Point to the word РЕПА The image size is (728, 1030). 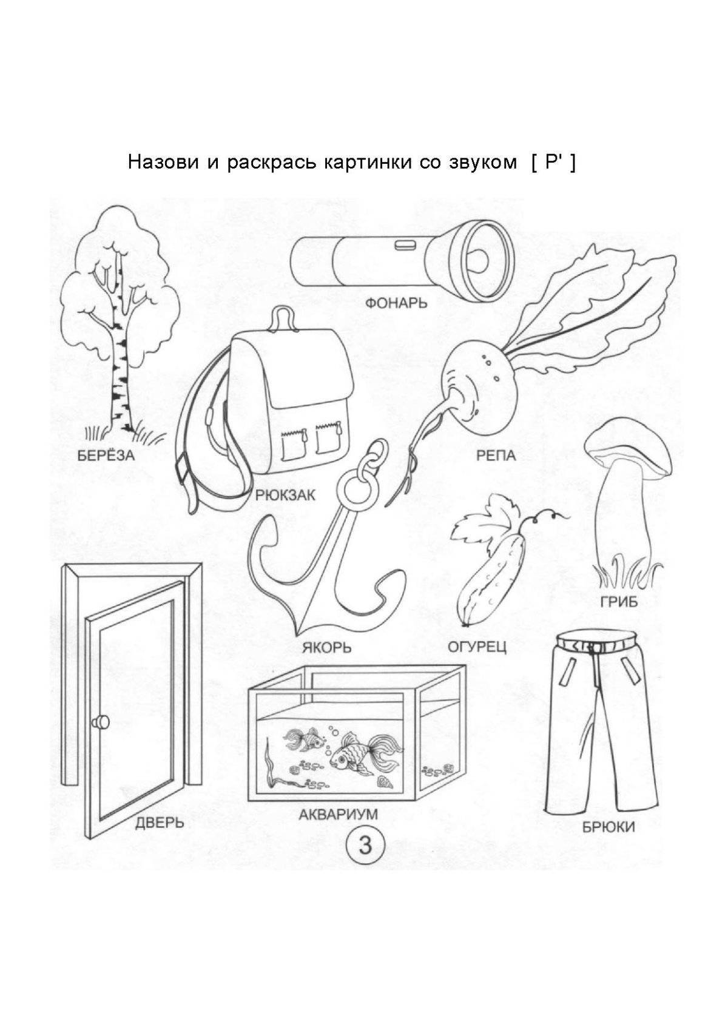[496, 456]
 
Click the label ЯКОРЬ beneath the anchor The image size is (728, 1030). [326, 647]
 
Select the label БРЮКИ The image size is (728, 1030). [608, 826]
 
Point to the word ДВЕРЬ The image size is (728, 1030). [160, 823]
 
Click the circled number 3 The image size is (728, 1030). [365, 846]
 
